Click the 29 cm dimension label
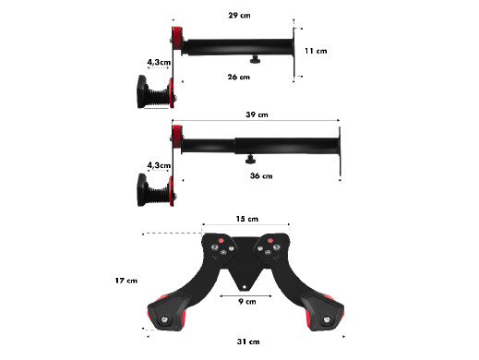[239, 15]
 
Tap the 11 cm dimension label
[316, 51]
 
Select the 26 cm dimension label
[239, 77]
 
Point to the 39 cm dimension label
[257, 114]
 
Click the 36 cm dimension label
[261, 175]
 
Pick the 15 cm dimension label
[247, 219]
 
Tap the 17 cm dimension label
[126, 281]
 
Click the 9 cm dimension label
[247, 301]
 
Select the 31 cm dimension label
[248, 342]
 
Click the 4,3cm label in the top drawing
[159, 62]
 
